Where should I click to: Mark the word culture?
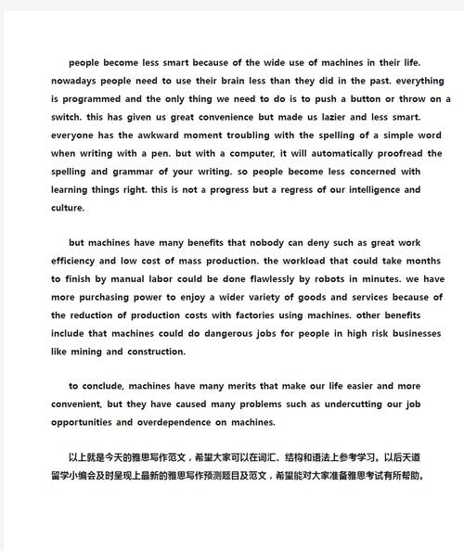point(68,208)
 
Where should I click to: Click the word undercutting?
point(360,405)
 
